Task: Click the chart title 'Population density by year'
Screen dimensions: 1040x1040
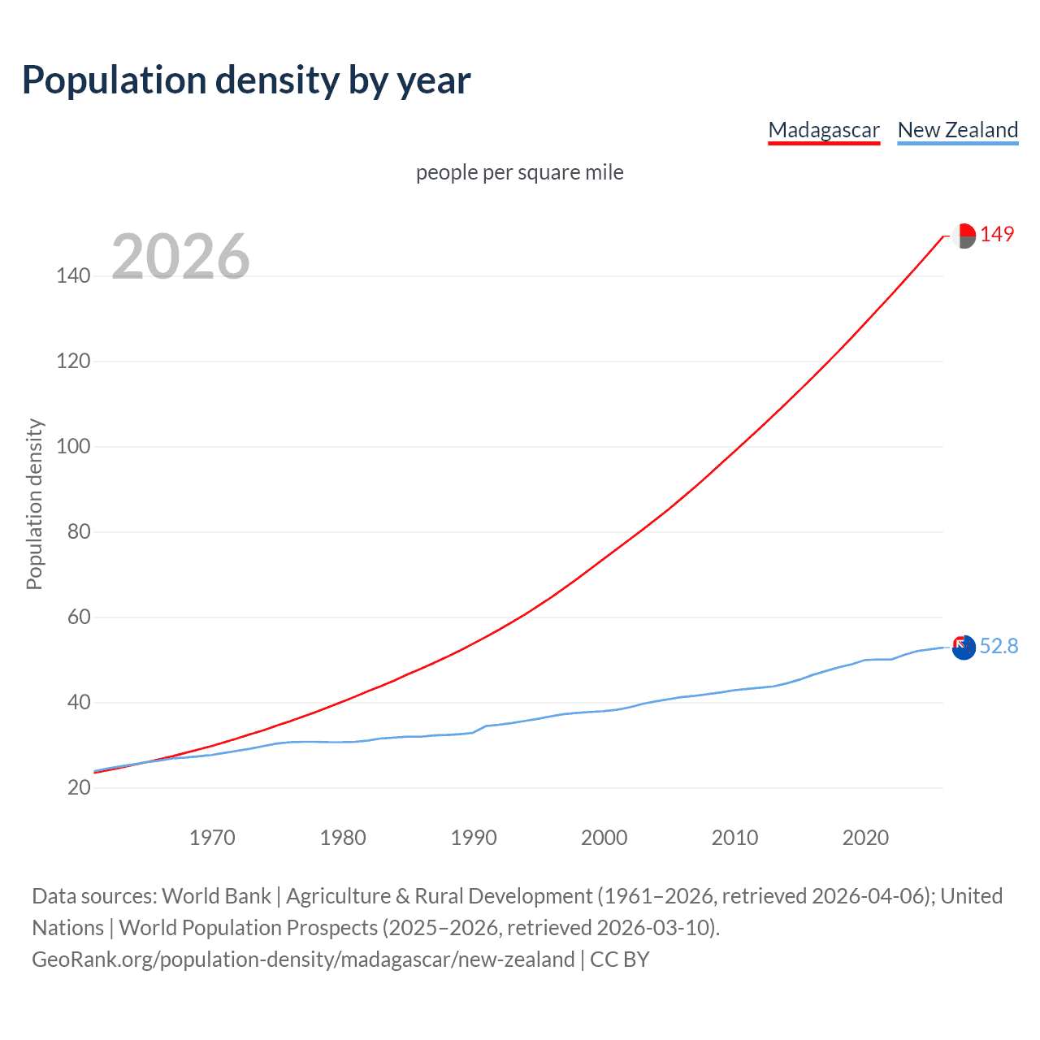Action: point(246,80)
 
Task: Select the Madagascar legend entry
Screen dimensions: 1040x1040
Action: point(824,130)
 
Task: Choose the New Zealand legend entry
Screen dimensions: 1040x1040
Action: point(957,130)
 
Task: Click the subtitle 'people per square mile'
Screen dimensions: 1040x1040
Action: point(520,172)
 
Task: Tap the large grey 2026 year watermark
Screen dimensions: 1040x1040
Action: point(180,257)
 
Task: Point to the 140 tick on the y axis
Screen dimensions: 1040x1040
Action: point(73,276)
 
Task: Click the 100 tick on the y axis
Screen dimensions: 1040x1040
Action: point(73,447)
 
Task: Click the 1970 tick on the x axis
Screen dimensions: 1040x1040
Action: point(212,838)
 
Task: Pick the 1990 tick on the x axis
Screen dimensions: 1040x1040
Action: point(474,838)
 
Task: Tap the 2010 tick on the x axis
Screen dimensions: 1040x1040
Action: point(734,838)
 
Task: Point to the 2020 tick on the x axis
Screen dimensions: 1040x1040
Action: point(865,838)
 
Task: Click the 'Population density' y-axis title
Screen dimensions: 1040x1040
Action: point(34,504)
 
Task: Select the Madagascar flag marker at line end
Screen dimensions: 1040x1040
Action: point(964,236)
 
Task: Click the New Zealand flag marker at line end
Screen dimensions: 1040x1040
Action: point(964,648)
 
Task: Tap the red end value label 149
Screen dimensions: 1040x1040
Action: point(997,235)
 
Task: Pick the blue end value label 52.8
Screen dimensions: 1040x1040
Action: point(999,646)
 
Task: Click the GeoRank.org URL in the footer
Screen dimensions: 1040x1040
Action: point(303,960)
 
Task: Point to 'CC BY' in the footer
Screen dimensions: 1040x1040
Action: point(620,960)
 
